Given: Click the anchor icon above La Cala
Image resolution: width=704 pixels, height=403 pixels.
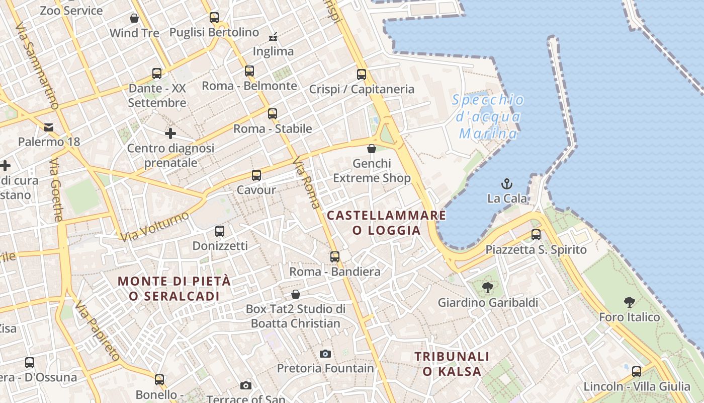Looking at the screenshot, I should tap(507, 184).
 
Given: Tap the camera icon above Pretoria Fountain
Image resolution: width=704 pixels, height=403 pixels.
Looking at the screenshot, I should tap(325, 354).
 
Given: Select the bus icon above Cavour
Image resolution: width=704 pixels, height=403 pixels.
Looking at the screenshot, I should tap(256, 175).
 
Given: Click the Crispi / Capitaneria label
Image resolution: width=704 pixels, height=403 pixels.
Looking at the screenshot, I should tap(362, 89).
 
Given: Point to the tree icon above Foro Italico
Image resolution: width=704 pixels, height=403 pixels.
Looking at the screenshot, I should tap(629, 302).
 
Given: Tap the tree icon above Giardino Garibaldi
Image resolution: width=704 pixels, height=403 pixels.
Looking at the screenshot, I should tap(487, 288).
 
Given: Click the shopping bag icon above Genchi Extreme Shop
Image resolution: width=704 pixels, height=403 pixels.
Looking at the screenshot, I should tap(372, 149).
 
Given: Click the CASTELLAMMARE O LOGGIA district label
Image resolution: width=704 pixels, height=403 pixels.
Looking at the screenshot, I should tap(386, 223).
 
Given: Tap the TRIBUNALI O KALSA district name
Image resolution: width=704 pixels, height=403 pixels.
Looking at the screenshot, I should tap(452, 364).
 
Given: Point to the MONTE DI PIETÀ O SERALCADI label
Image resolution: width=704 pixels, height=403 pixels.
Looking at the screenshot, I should tap(174, 288).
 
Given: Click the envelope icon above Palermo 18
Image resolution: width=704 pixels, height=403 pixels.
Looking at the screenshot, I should tap(49, 127).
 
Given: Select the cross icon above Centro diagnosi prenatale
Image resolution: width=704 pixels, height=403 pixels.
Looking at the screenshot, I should tap(170, 133).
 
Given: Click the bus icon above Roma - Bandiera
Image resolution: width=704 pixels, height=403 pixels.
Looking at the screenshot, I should tap(335, 257).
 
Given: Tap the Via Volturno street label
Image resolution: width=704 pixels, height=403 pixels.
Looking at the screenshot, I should tap(154, 226).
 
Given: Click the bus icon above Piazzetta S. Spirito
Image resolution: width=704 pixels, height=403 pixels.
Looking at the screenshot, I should tap(536, 235).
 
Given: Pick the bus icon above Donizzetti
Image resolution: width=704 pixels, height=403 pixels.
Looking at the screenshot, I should tap(220, 231).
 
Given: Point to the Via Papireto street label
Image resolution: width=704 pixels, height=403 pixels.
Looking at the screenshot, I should tap(98, 331).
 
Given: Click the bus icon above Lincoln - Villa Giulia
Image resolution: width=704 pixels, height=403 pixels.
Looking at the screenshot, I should tap(637, 372).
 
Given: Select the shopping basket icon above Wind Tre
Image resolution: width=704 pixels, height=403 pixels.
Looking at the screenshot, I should tap(134, 18).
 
